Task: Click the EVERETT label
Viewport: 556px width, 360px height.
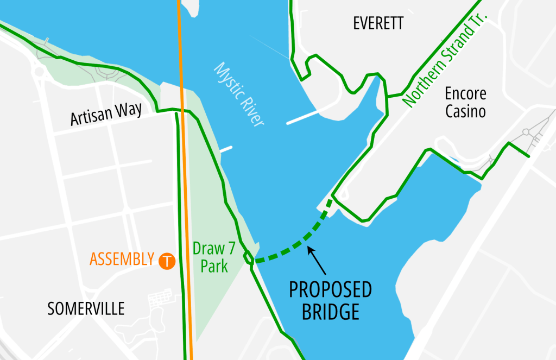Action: (x=378, y=23)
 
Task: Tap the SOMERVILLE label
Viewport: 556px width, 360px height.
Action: (x=86, y=308)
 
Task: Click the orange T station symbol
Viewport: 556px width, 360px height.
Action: (x=167, y=261)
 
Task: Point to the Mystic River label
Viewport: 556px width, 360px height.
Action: (x=239, y=95)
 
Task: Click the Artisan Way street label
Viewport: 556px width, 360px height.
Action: (x=106, y=114)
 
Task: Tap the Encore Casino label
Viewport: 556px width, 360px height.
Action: (x=465, y=102)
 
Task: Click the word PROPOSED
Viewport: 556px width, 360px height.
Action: (x=330, y=290)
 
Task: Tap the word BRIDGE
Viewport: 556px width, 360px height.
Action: (x=330, y=312)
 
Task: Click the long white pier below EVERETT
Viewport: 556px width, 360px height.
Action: (x=302, y=118)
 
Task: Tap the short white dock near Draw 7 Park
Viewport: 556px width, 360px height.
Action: (x=226, y=148)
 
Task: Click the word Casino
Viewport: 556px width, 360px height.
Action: (x=465, y=112)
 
